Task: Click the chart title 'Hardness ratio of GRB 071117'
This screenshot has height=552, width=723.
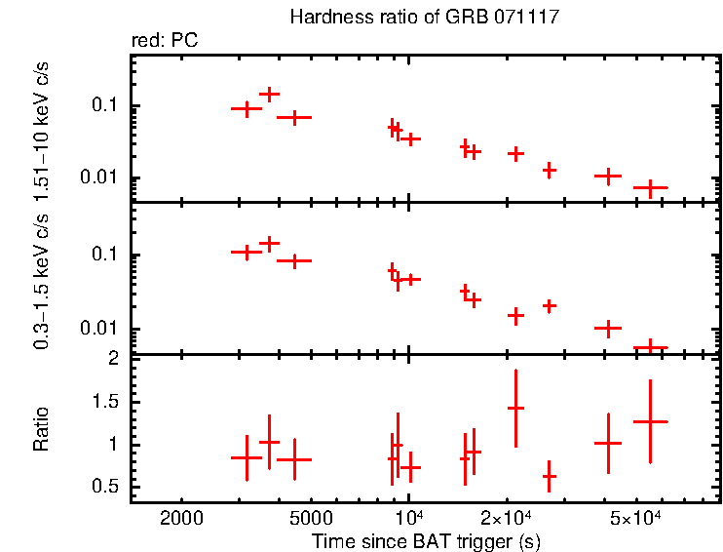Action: point(424,19)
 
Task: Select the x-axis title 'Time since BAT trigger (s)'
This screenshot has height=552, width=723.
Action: point(426,540)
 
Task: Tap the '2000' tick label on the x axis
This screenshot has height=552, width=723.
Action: point(181,516)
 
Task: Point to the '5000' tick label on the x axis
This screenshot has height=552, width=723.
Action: point(310,516)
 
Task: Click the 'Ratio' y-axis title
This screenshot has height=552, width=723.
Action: point(41,427)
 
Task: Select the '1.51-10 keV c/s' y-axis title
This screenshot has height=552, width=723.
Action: point(41,127)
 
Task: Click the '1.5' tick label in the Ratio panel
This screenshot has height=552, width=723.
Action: point(106,402)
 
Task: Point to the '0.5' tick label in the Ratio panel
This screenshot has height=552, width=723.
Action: point(106,488)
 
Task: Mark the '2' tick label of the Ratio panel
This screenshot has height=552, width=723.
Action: point(114,359)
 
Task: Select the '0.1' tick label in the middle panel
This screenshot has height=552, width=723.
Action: point(106,255)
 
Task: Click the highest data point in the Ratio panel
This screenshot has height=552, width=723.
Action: point(515,408)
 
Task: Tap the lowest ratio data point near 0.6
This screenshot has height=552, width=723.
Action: point(549,477)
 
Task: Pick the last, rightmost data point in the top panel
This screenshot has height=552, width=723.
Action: point(650,186)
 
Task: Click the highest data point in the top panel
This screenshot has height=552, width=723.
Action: point(270,95)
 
